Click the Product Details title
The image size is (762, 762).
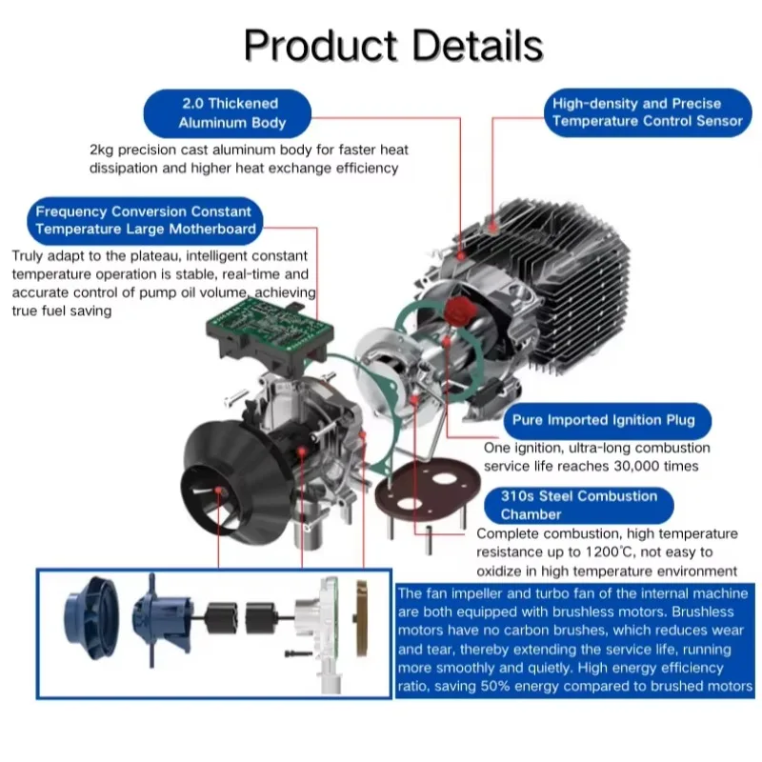[392, 45]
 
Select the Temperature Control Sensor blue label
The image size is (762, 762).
[647, 112]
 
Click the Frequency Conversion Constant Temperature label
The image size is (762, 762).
[144, 220]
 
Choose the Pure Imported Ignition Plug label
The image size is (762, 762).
[603, 420]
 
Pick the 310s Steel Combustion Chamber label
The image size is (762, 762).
[579, 505]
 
